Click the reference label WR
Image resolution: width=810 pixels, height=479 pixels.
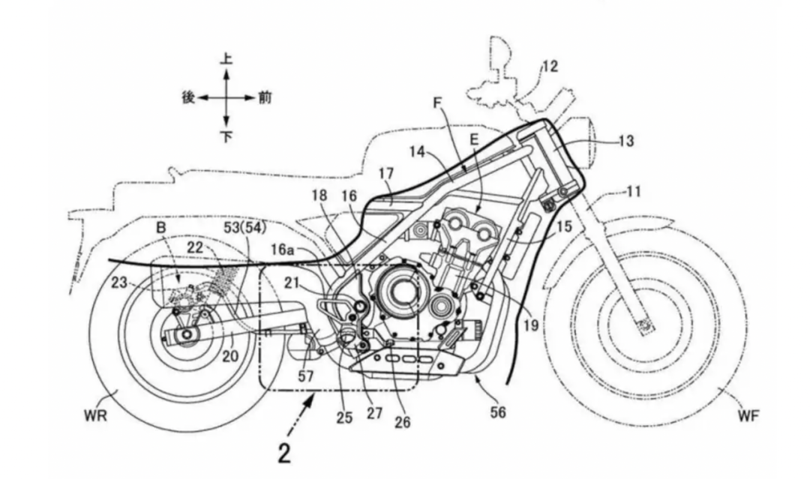coord(95,415)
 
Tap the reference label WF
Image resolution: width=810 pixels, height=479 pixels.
coord(748,415)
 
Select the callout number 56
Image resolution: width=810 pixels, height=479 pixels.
coord(498,412)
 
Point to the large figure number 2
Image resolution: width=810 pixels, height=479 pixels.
coord(284,453)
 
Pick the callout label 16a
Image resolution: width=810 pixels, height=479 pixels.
coord(283,250)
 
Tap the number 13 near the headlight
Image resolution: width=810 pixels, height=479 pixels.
coord(625,140)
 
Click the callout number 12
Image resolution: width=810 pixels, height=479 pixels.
coord(550,67)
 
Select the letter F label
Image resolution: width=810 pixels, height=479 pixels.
coord(437,103)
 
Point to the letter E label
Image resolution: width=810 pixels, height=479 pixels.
coord(474,139)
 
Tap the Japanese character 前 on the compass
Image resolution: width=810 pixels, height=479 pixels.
coord(265,97)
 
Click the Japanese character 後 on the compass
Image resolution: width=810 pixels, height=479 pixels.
coord(188,97)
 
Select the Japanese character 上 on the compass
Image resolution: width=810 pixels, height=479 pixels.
coord(226,58)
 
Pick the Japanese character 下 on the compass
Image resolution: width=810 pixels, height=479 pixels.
coord(226,136)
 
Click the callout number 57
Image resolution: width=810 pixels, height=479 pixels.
coord(306,376)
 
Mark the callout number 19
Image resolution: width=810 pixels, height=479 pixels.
coord(530,325)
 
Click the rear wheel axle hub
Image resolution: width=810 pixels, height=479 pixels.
coord(187,336)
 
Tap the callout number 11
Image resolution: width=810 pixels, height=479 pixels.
coord(633,192)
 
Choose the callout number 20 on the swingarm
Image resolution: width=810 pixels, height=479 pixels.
coord(230,355)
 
